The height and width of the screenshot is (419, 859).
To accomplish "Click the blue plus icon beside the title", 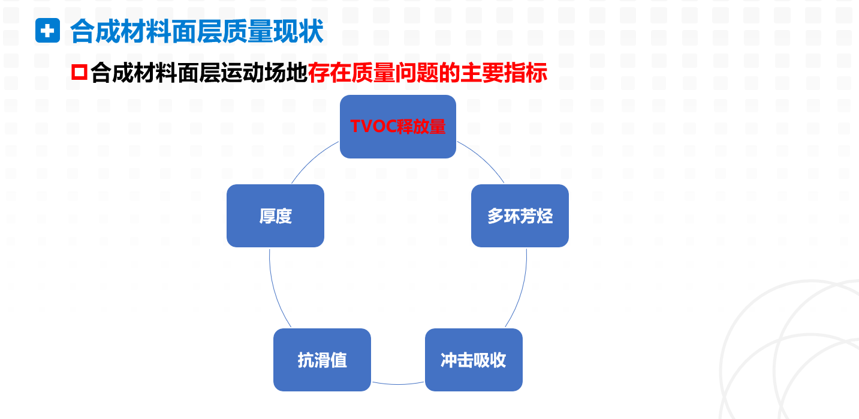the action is pos(47,31).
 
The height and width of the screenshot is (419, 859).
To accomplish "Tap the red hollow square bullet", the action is pos(79,72).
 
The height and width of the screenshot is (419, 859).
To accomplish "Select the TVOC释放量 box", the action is pos(397,126).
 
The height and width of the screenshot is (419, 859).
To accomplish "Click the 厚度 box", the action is pos(275,216).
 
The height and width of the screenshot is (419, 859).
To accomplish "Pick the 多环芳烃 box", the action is pos(520,216).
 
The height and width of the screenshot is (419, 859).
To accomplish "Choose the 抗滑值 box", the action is pos(322,360).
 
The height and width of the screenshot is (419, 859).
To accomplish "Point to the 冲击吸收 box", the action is pos(474,360).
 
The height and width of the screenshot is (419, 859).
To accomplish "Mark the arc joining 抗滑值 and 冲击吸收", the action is pos(398,384).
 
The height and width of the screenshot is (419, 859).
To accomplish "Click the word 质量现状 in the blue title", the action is pos(273,31).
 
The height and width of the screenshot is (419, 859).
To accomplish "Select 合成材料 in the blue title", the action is pos(120,31).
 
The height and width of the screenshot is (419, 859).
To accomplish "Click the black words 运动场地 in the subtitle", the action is pos(264,73).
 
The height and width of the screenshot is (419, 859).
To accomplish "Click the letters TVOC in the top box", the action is pos(373,126).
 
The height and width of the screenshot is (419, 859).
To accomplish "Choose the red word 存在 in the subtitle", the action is pos(330,73).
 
